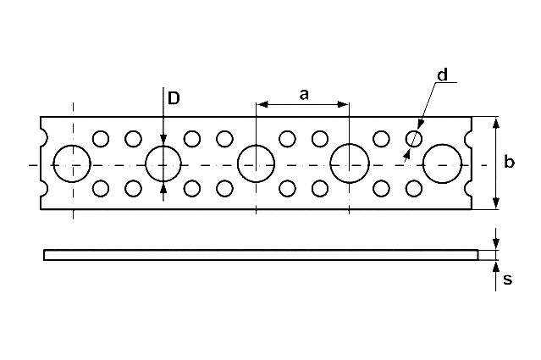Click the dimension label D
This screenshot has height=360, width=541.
click(173, 98)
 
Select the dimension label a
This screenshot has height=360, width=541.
click(303, 94)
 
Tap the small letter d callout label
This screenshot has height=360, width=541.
click(442, 75)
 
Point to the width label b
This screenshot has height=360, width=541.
click(509, 163)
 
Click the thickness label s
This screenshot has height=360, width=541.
click(507, 280)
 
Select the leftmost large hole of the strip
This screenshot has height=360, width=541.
click(73, 163)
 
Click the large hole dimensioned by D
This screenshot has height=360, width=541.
click(163, 163)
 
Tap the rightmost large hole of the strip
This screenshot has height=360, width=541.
click(442, 163)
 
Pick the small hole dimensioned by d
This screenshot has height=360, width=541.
click(414, 138)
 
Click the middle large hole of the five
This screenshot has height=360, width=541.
click(256, 163)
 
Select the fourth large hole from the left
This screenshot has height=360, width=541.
click(349, 163)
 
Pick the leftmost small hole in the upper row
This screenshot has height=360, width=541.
click(101, 138)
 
